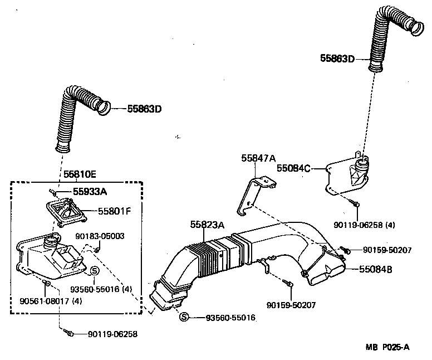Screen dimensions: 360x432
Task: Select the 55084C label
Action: pyautogui.click(x=293, y=167)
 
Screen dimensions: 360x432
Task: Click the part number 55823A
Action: pyautogui.click(x=207, y=225)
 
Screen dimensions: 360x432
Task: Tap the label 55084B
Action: pyautogui.click(x=376, y=269)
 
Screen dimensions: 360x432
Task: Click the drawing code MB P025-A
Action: pyautogui.click(x=387, y=347)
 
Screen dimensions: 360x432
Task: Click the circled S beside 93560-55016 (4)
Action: pyautogui.click(x=94, y=270)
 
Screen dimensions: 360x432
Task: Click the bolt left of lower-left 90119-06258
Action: pyautogui.click(x=70, y=334)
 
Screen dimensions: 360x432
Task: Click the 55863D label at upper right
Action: pyautogui.click(x=337, y=58)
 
